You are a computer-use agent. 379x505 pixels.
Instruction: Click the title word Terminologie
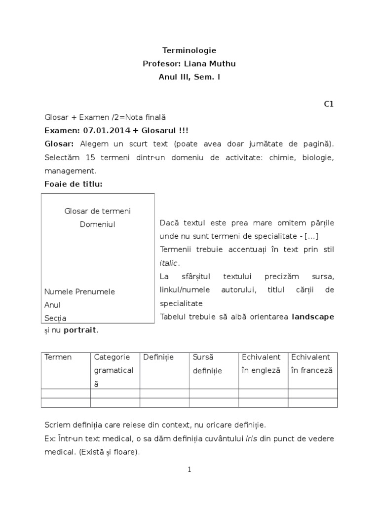pyautogui.click(x=189, y=50)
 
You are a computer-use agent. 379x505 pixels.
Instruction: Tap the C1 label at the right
pyautogui.click(x=329, y=104)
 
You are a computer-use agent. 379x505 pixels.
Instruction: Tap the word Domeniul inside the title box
pyautogui.click(x=97, y=224)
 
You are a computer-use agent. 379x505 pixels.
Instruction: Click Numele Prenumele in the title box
pyautogui.click(x=79, y=291)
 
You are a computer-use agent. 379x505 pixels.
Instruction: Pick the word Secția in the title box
pyautogui.click(x=55, y=318)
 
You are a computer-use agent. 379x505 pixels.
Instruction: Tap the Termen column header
pyautogui.click(x=58, y=357)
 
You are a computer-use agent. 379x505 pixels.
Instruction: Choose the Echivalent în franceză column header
pyautogui.click(x=312, y=363)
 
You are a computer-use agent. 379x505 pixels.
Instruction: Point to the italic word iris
pyautogui.click(x=252, y=438)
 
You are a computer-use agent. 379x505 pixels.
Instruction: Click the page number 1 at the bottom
pyautogui.click(x=189, y=470)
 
